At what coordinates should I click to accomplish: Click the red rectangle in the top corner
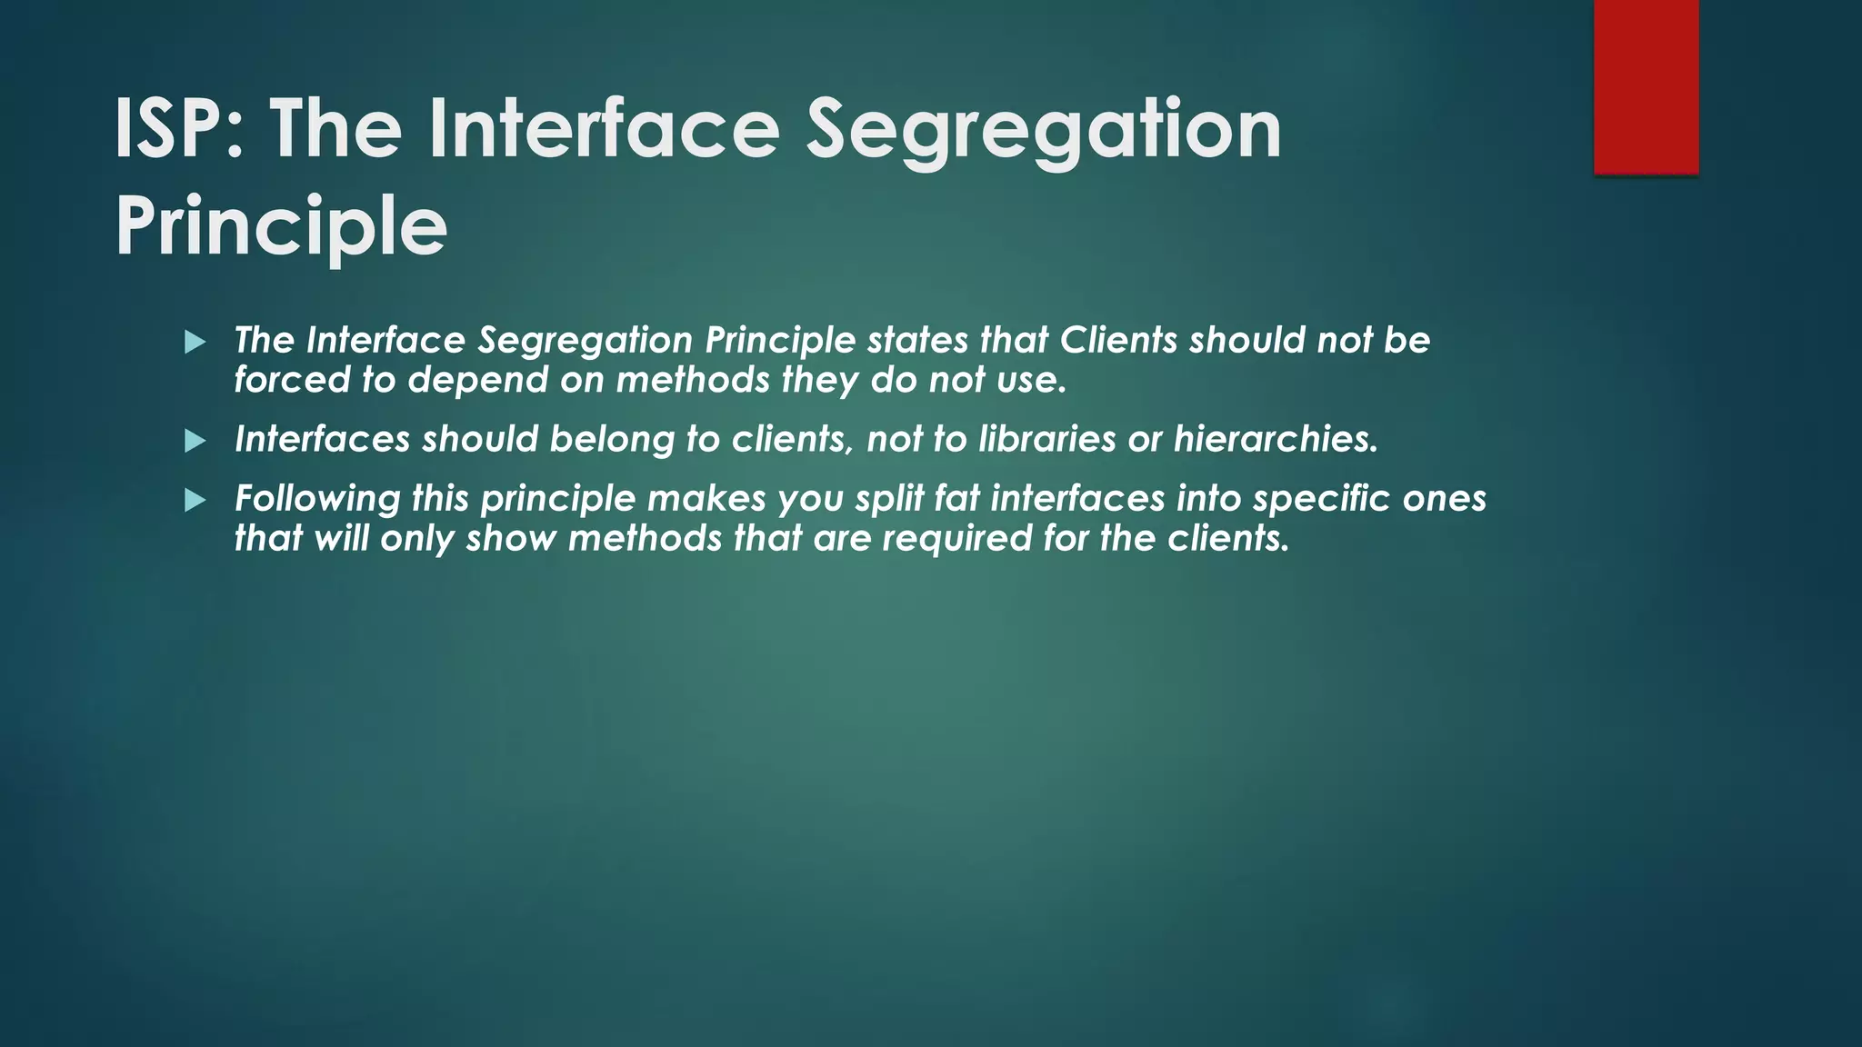[x=1646, y=86]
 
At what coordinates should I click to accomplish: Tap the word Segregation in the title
[x=1044, y=129]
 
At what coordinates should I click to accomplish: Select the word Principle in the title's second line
[x=281, y=226]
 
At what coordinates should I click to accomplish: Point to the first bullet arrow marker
[x=195, y=343]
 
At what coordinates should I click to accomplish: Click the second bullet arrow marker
[x=195, y=442]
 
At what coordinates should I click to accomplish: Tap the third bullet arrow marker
[x=195, y=501]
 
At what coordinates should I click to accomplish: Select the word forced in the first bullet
[x=291, y=380]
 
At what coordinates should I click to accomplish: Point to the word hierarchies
[x=1276, y=439]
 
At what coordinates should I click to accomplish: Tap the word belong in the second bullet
[x=612, y=439]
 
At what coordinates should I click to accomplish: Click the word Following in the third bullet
[x=317, y=499]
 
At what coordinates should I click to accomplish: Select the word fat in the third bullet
[x=957, y=498]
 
